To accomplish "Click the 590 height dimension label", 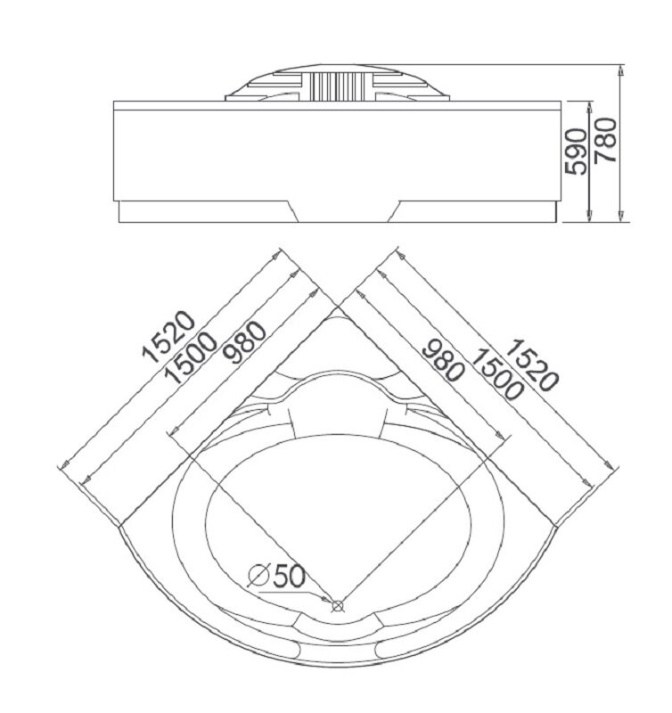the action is pos(575,151).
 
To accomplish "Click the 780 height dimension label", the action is pos(607,140).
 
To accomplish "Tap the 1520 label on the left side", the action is pos(168,337).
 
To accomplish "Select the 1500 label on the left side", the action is pos(191,357).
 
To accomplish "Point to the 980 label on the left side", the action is pos(245,342).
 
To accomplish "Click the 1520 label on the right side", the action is pos(530,365).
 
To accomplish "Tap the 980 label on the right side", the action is pos(442,359).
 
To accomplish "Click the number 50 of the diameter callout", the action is pos(288,576).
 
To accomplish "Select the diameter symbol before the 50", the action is pos(258,576).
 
